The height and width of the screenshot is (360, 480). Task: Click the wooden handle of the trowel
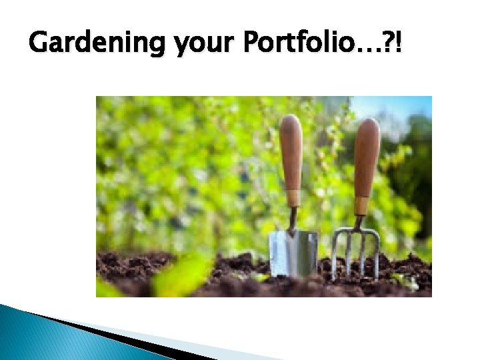coord(291,157)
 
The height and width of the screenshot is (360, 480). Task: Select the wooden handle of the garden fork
coord(367,160)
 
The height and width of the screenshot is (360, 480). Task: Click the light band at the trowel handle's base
coord(293,198)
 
